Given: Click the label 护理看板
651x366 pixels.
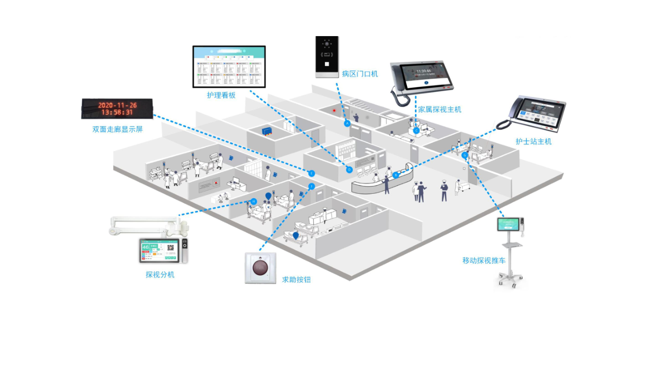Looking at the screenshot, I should [221, 95].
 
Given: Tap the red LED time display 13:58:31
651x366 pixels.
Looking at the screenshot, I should [117, 112].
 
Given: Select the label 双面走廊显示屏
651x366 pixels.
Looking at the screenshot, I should [117, 129].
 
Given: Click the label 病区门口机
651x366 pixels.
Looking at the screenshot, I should [360, 74].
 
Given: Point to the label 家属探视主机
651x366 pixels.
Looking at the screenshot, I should [439, 109].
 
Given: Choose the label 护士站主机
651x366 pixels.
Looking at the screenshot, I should [533, 141].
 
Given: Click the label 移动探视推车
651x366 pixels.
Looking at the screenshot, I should [484, 261].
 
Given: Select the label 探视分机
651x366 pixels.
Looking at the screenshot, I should [160, 274].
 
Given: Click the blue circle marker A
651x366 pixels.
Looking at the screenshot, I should [348, 124].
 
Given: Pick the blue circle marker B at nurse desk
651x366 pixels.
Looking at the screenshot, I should [396, 175].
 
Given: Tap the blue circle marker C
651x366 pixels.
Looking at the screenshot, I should [416, 131].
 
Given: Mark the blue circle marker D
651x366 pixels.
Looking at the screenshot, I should [349, 170].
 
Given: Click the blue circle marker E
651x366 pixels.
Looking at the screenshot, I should [312, 173].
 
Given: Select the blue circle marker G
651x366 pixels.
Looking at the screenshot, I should [465, 155].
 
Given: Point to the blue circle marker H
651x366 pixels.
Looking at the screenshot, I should [253, 201].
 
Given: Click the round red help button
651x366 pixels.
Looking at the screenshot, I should [260, 267].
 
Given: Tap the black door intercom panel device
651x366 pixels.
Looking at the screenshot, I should [327, 57].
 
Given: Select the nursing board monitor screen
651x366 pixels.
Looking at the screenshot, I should [229, 66].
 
